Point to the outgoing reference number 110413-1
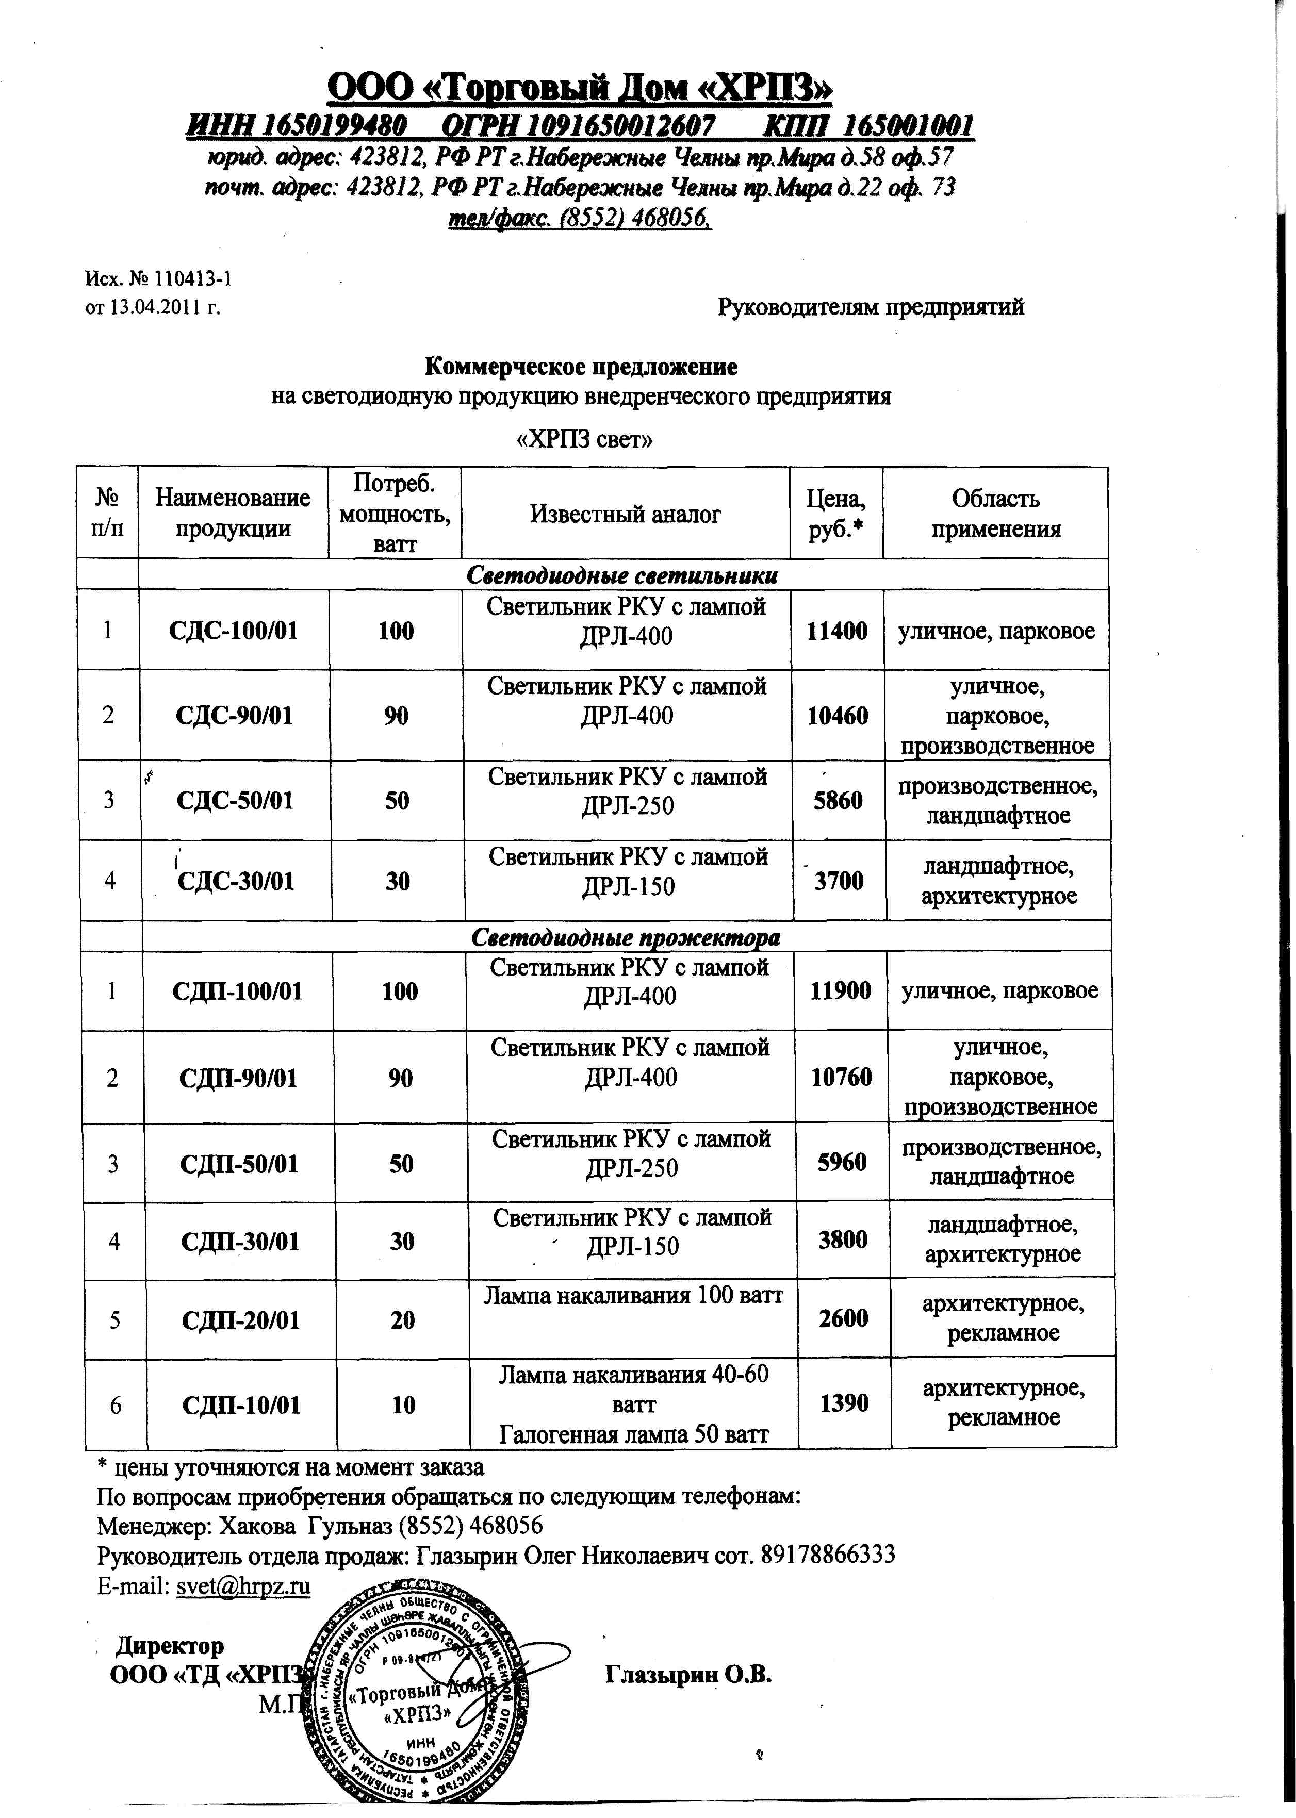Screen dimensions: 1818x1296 [192, 278]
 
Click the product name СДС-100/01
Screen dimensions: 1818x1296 [233, 630]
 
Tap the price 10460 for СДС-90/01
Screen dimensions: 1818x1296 [837, 716]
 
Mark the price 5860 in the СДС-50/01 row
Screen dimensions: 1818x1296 [838, 800]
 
